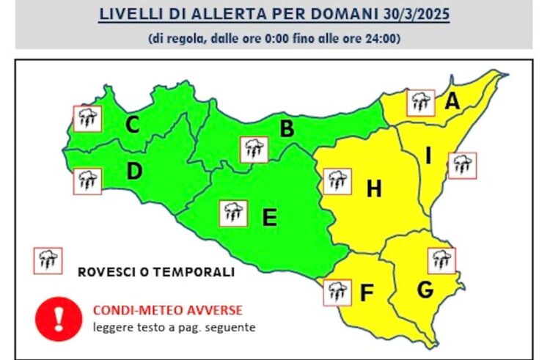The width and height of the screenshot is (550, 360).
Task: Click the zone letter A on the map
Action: pos(452,103)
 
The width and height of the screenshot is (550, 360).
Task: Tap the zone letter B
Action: pos(287,129)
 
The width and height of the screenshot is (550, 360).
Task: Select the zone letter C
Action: pos(132,125)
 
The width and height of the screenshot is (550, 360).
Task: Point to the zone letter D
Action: pos(133,172)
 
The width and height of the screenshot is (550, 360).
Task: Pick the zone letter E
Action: pos(269,218)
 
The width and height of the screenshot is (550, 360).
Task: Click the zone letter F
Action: pos(367,293)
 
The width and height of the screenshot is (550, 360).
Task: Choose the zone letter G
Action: pos(425,290)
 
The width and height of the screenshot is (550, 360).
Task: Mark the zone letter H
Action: pos(374,190)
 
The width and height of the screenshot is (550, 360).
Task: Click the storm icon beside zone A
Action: pos(421,103)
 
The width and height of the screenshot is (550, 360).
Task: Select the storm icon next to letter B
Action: pos(254,150)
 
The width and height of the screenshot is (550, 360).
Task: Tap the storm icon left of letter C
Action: pos(87,117)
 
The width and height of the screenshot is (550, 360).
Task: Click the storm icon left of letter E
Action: pos(233,213)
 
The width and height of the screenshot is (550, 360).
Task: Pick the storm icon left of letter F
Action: pos(337,292)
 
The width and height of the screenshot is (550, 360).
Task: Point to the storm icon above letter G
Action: pos(441,260)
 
